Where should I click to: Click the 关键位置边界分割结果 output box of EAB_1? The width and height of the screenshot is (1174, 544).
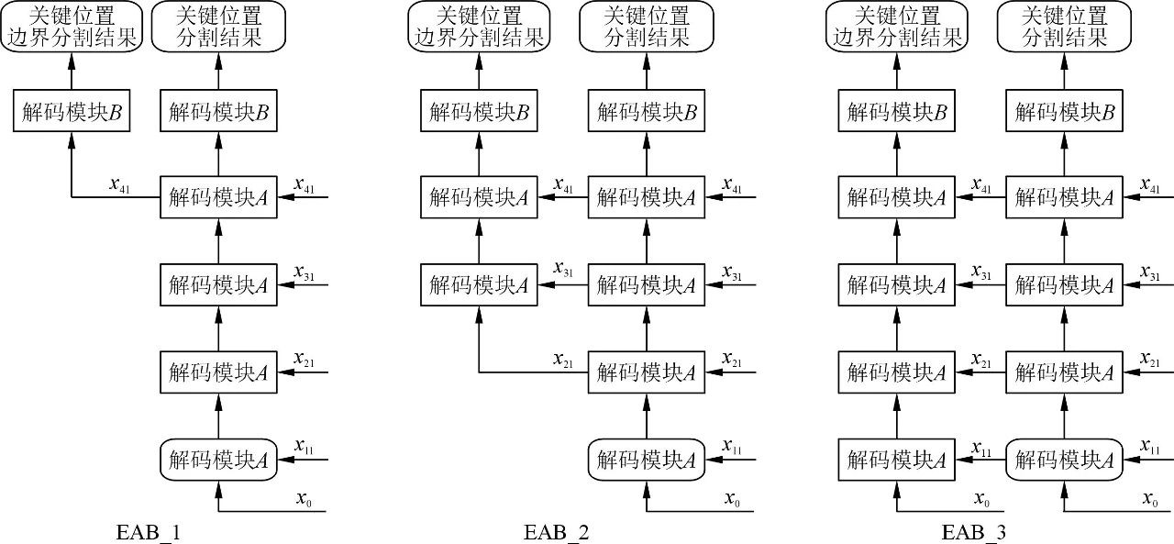pos(71,26)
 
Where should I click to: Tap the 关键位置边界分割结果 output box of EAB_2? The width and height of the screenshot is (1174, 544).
pos(478,26)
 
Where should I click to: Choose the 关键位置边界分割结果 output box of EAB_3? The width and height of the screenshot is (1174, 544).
pos(896,26)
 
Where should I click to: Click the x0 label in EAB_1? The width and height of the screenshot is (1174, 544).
pos(304,500)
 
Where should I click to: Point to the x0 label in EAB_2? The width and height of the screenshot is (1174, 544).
pos(732,500)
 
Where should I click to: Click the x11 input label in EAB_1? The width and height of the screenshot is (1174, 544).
pos(304,447)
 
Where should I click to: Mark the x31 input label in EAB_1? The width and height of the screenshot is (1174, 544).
pos(304,272)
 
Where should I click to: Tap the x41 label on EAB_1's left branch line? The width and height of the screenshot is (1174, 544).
pos(119,184)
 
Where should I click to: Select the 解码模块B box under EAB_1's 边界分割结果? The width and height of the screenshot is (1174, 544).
pos(71,112)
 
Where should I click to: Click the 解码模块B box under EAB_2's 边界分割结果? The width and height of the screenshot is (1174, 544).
pos(478,112)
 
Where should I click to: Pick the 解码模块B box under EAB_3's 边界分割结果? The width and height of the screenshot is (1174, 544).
pos(896,112)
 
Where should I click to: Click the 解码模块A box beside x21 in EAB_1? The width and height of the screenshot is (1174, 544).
pos(218,372)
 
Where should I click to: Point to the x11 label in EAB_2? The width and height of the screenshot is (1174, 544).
pos(732,447)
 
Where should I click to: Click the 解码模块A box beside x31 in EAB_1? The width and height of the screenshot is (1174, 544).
pos(218,285)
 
